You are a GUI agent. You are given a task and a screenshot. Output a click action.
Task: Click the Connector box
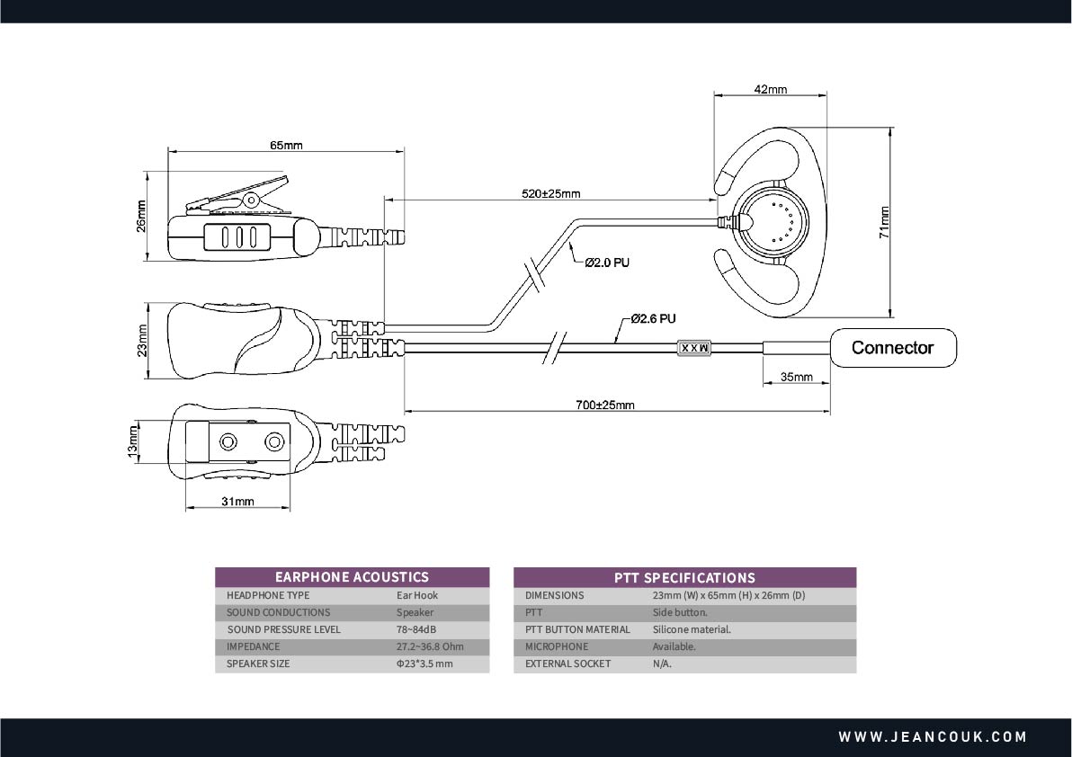[x=892, y=348]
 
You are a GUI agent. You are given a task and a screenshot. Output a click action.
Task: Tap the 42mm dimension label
[x=770, y=89]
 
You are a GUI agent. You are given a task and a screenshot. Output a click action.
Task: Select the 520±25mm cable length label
[x=550, y=193]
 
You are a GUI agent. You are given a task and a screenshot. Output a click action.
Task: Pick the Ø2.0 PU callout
[x=607, y=263]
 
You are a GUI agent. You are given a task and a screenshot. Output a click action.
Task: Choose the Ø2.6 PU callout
[x=653, y=318]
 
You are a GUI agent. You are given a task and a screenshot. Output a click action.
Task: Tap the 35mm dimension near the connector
[x=797, y=377]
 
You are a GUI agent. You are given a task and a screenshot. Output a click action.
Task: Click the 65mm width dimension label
[x=285, y=145]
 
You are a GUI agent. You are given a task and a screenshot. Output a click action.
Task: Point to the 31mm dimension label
[x=237, y=501]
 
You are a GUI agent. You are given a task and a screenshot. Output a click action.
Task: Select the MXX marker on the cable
[x=693, y=347]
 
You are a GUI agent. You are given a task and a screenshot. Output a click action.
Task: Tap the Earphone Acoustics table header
[x=352, y=577]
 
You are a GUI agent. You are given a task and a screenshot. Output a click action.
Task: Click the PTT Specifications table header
[x=684, y=577]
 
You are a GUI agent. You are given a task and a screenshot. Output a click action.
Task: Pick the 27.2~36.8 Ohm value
[x=430, y=646]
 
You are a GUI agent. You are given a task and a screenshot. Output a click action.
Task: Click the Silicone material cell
[x=692, y=629]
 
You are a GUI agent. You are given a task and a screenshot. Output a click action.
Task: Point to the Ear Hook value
[x=417, y=595]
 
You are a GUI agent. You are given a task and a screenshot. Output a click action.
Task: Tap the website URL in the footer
[x=933, y=736]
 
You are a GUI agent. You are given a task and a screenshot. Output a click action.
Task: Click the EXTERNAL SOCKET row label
[x=567, y=663]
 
